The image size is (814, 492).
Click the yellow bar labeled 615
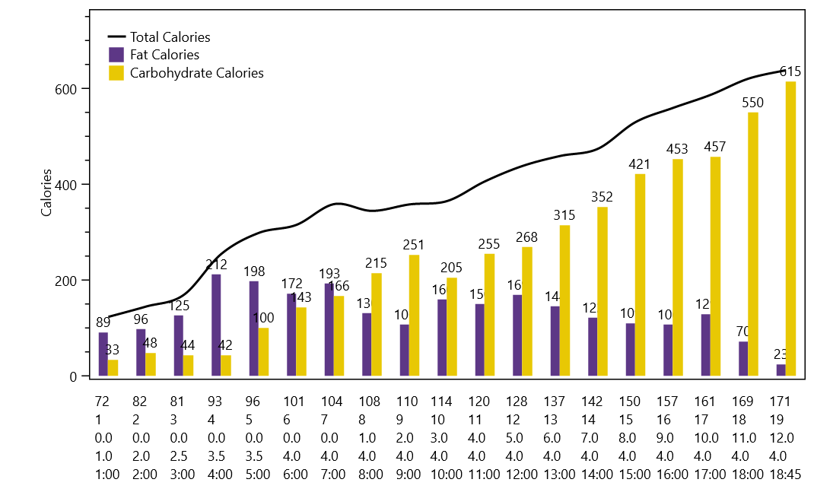[x=790, y=228]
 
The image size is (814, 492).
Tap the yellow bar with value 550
[x=753, y=244]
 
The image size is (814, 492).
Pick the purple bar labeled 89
[x=103, y=354]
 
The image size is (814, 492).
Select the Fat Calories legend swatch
[x=116, y=55]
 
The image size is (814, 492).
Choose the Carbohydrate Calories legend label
[x=196, y=73]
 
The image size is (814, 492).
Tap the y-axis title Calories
[x=46, y=192]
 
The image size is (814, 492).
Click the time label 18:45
[x=787, y=475]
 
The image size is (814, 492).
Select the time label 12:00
[x=522, y=475]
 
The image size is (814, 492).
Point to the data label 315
[x=564, y=215]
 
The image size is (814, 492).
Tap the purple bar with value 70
[x=743, y=358]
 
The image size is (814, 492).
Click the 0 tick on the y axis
[x=74, y=376]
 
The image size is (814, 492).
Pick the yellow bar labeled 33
[x=113, y=367]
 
